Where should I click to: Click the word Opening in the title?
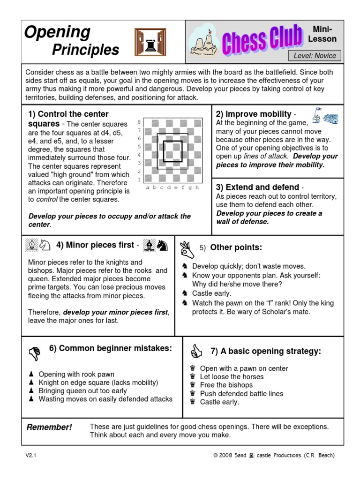[x=57, y=33]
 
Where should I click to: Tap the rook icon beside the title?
[x=150, y=42]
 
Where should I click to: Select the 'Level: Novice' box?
[x=315, y=56]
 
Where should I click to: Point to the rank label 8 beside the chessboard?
[x=139, y=121]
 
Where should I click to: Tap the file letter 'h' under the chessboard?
[x=197, y=187]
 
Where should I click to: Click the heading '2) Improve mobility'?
[x=254, y=114]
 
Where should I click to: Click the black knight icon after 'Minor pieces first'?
[x=162, y=245]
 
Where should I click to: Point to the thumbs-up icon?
[x=196, y=352]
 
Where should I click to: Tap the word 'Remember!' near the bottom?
[x=49, y=427]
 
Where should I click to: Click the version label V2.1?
[x=31, y=455]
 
